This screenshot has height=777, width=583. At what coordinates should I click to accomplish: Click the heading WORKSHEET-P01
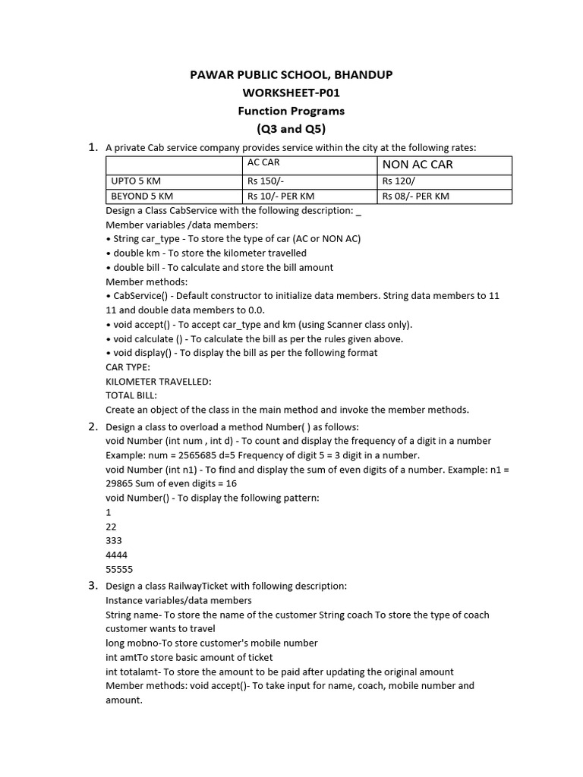tap(291, 93)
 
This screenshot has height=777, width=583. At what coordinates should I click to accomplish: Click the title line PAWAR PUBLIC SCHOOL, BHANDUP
tap(291, 74)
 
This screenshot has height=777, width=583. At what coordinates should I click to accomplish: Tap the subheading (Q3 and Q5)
tap(291, 128)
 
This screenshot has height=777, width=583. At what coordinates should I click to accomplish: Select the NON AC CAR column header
tap(418, 165)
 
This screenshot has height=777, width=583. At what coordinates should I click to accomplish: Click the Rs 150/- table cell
tap(263, 181)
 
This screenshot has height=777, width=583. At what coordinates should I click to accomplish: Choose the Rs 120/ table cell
tap(399, 181)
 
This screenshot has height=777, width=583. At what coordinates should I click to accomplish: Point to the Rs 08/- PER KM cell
tap(416, 197)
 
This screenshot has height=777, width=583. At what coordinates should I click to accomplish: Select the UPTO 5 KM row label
tap(136, 181)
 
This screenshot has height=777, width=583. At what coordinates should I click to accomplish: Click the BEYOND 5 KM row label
tap(142, 197)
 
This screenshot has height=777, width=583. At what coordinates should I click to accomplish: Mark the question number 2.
tap(93, 426)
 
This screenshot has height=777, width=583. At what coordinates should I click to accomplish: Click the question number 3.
tap(93, 585)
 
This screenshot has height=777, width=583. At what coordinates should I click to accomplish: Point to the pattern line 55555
tap(119, 569)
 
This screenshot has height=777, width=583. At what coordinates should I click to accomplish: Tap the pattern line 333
tap(114, 540)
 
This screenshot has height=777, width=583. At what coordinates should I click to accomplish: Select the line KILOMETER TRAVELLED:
tap(159, 381)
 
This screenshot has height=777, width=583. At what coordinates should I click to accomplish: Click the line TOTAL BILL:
tap(131, 395)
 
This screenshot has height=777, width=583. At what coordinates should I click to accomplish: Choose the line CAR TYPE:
tap(128, 366)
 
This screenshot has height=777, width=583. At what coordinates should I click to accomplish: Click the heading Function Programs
tap(291, 111)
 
